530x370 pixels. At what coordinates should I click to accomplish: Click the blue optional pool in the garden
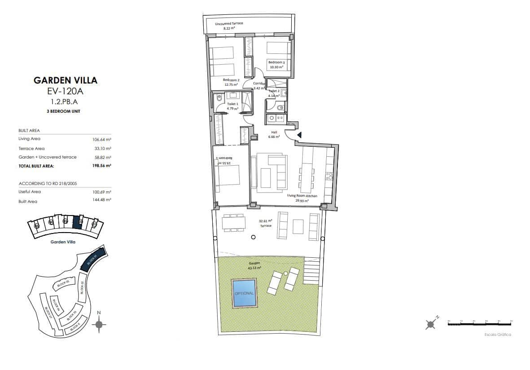[244, 293]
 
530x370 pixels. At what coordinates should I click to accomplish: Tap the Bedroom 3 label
[276, 65]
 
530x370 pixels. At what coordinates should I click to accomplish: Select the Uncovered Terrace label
[229, 25]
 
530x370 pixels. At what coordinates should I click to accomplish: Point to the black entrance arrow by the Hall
[299, 135]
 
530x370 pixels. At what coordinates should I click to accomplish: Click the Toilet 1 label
[232, 106]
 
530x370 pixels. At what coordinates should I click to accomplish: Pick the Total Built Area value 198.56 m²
[101, 166]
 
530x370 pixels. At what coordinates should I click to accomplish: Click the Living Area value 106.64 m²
[101, 139]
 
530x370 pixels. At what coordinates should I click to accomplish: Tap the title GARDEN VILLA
[66, 81]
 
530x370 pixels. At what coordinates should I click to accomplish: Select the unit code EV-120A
[66, 92]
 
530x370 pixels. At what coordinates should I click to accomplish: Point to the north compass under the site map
[100, 324]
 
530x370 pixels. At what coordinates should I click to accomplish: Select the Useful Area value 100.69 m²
[101, 192]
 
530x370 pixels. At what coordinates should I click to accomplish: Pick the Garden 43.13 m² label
[254, 266]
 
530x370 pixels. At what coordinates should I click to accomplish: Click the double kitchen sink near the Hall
[276, 118]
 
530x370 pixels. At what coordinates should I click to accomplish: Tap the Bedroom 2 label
[232, 82]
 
